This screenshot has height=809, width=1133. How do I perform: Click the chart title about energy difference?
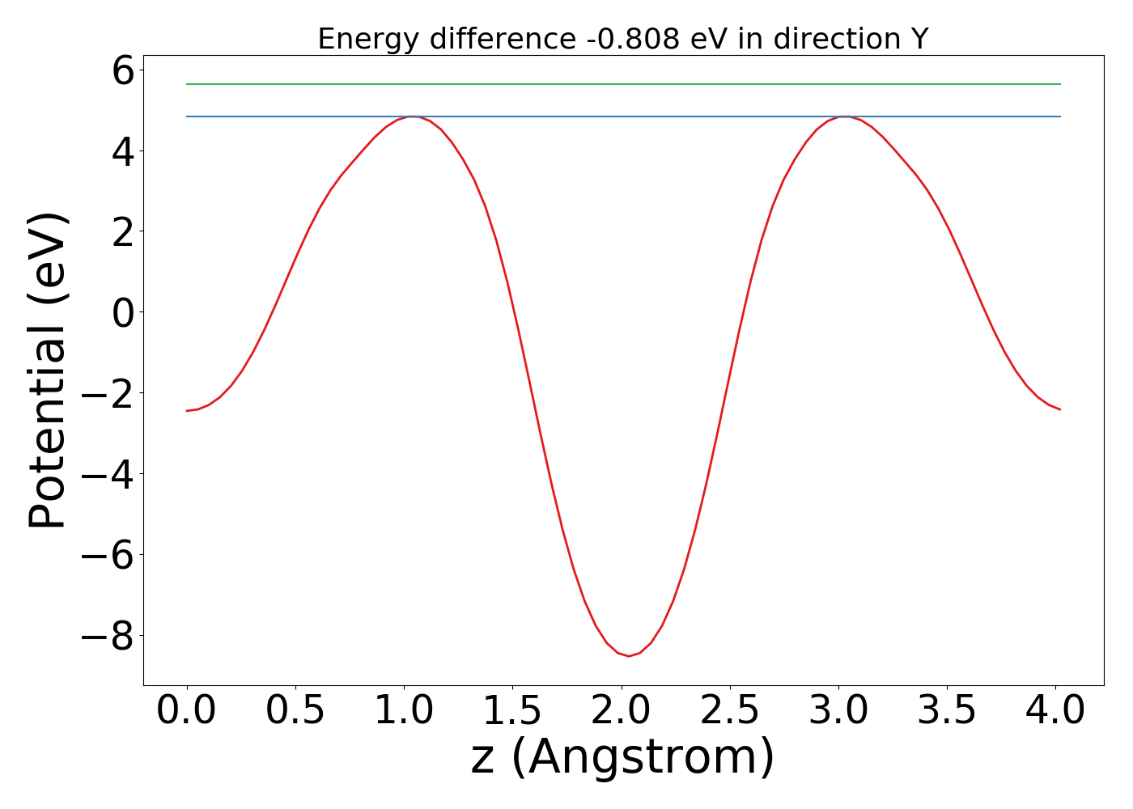coord(622,39)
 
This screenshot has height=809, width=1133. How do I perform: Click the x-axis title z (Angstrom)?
coord(622,757)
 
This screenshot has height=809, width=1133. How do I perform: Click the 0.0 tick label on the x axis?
coord(187,712)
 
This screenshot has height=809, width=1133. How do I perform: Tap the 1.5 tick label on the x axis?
coord(513,712)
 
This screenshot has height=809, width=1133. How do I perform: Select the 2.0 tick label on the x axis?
coord(622,712)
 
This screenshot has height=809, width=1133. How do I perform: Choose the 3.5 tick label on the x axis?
coord(948,712)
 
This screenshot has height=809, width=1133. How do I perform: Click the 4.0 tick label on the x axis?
coord(1056,712)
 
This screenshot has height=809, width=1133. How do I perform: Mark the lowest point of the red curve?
coord(629,655)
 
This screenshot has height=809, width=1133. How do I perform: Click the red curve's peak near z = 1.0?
coord(413,116)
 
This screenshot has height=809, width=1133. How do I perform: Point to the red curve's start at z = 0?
coord(187,411)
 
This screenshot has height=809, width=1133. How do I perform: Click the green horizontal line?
coord(623,84)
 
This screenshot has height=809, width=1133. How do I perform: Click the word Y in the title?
coord(918,39)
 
